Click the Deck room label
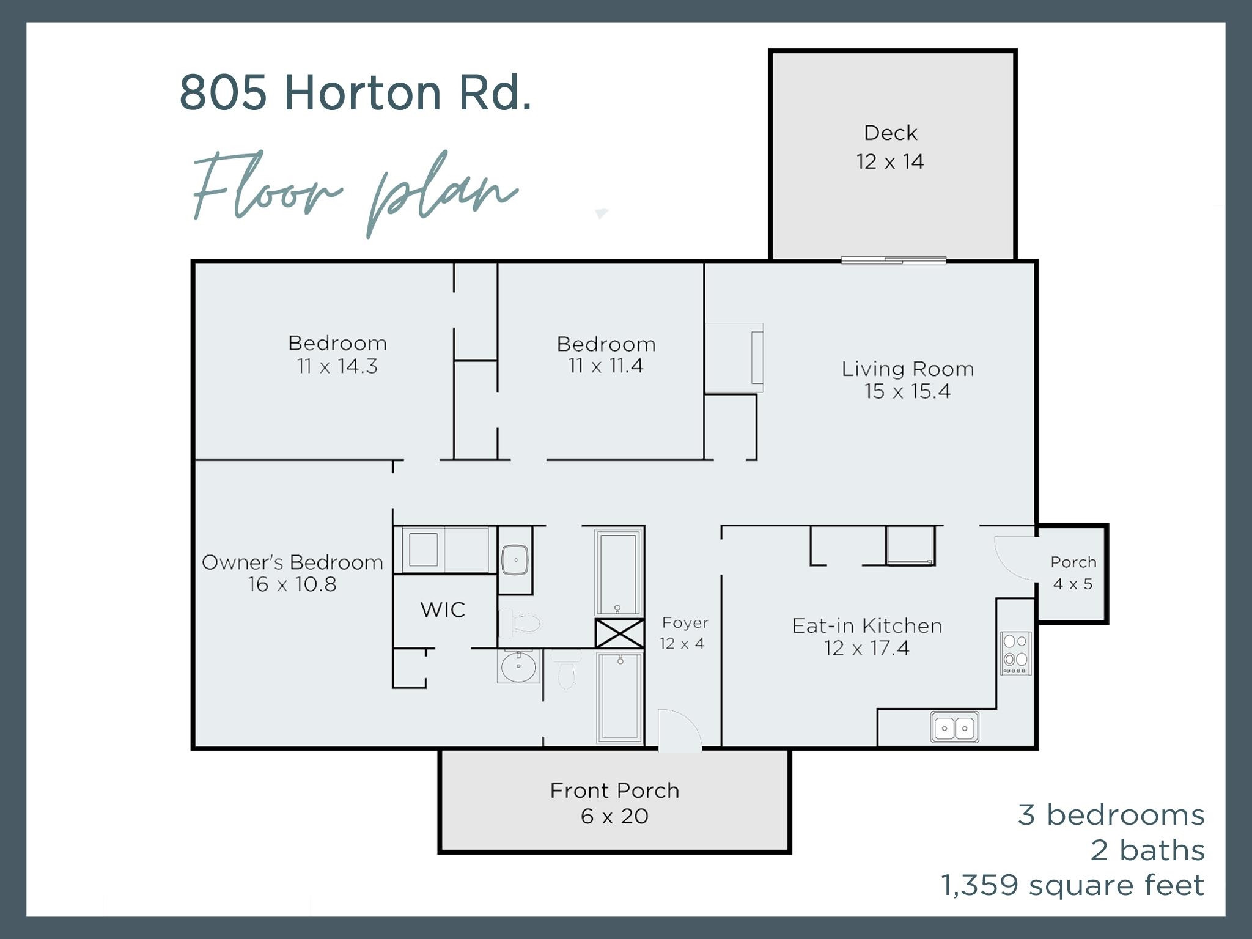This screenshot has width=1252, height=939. click(x=890, y=133)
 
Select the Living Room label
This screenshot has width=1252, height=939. click(x=907, y=369)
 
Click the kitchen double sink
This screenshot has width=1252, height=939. click(x=954, y=727)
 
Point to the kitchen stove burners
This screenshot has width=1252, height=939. click(x=1015, y=652)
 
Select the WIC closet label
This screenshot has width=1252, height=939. click(x=443, y=609)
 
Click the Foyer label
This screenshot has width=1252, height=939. click(x=685, y=623)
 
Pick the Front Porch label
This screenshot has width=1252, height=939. click(x=614, y=790)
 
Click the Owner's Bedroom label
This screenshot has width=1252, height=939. click(x=292, y=562)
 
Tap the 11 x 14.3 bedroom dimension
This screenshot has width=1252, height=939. click(x=337, y=367)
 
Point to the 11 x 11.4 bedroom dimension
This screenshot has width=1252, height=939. click(x=605, y=366)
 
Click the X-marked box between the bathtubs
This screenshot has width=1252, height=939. click(x=619, y=633)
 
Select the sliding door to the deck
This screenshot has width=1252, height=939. click(x=893, y=260)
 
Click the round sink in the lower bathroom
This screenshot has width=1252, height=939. click(x=518, y=666)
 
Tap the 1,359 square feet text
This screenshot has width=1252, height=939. click(x=1072, y=885)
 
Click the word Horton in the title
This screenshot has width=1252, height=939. click(x=362, y=93)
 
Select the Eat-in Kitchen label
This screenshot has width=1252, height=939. click(x=866, y=625)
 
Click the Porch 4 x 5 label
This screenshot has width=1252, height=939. click(x=1073, y=573)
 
